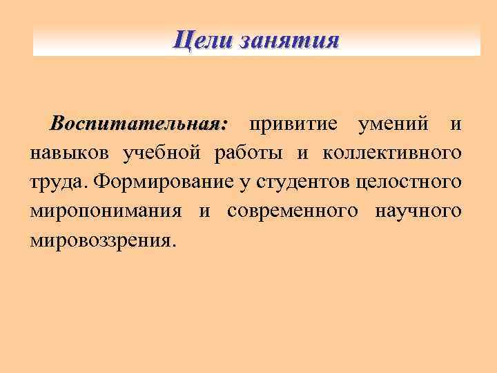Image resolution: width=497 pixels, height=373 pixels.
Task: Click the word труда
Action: [x=57, y=182]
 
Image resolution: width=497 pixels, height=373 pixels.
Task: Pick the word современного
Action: [x=290, y=211]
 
